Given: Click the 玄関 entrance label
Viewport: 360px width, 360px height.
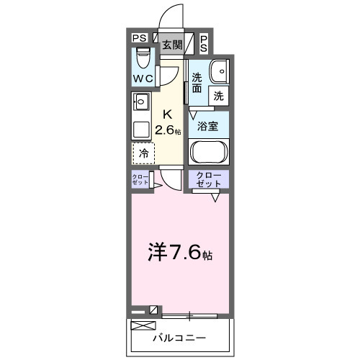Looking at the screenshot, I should [171, 44].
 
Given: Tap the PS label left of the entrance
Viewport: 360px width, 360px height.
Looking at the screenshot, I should [139, 38].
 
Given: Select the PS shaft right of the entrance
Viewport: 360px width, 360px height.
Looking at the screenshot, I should [204, 43].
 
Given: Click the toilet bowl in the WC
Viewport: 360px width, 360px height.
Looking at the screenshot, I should [142, 56].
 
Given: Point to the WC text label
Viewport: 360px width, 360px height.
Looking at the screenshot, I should [142, 78].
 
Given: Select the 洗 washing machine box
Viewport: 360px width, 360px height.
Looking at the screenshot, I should [217, 95].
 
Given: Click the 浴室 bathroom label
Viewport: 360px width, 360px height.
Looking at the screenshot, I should [209, 125].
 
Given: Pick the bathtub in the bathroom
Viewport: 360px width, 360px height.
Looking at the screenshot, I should [209, 153].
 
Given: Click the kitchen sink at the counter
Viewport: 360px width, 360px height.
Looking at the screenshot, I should [140, 101].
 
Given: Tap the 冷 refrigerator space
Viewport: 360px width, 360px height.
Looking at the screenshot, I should [143, 153].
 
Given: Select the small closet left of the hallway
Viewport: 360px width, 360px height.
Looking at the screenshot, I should [140, 180].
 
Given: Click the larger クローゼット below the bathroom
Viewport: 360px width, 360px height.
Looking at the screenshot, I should [209, 179].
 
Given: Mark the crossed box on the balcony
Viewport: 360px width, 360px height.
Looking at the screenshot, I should [142, 326].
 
